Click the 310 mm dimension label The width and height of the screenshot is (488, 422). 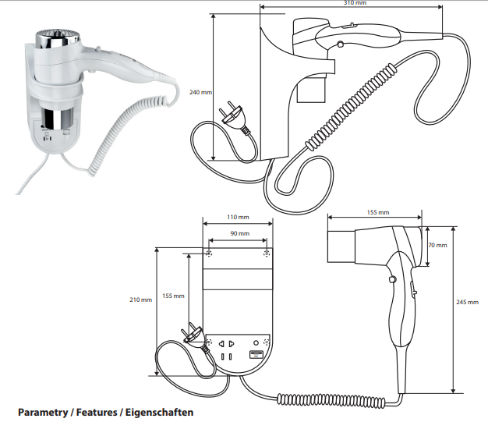tap(355, 2)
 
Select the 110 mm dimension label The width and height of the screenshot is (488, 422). tap(238, 217)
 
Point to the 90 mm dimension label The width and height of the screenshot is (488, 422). tap(239, 233)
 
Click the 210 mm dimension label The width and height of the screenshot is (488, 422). tap(140, 300)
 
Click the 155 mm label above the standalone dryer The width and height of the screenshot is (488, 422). tap(377, 211)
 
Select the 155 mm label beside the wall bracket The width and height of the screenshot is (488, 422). tap(173, 296)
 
